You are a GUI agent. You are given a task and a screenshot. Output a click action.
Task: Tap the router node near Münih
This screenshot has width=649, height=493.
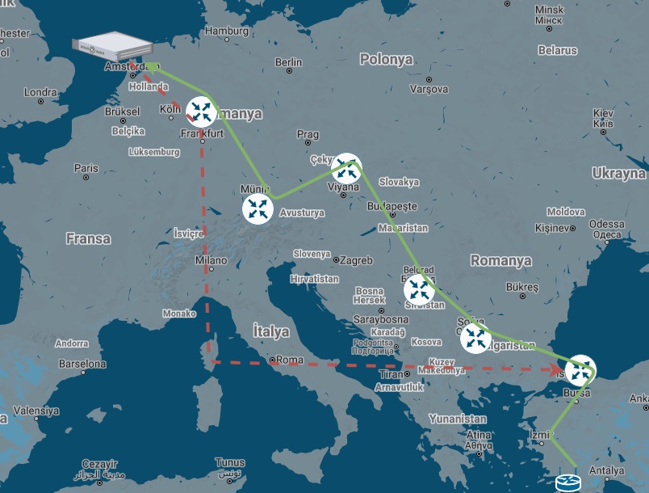[258, 209]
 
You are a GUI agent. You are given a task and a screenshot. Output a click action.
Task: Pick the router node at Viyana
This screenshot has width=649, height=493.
[346, 168]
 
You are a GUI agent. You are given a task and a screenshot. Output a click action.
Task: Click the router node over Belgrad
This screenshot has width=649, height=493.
[418, 289]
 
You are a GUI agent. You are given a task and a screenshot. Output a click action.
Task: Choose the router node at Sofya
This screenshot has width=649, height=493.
[475, 338]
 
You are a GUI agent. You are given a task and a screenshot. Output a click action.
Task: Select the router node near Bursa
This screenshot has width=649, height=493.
[580, 371]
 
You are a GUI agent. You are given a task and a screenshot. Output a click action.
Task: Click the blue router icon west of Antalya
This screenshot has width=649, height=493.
[567, 483]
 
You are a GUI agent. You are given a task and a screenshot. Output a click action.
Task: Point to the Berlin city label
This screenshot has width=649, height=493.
[288, 62]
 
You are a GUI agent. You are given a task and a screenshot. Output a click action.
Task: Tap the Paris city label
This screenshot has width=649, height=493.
[86, 168]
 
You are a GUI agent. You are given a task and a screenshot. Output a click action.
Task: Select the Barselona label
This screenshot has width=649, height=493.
[81, 364]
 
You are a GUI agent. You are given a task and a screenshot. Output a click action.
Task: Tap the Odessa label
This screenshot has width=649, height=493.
[606, 224]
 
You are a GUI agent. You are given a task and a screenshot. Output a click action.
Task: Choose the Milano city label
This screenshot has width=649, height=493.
[211, 261]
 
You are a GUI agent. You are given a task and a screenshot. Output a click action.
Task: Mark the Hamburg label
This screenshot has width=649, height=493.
[227, 31]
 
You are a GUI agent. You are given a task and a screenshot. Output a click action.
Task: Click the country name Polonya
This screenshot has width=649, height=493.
[386, 60]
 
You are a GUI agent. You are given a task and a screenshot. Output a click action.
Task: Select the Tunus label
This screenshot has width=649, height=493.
[230, 463]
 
